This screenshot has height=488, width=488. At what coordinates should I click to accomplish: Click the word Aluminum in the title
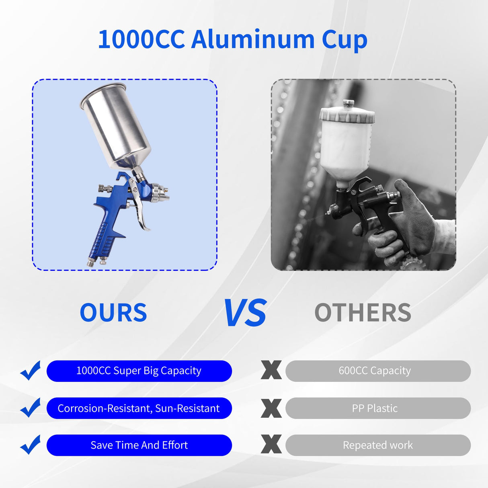(x=253, y=39)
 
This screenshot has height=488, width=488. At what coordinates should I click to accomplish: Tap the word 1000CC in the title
(x=141, y=39)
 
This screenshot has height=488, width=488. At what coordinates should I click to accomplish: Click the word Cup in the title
(x=344, y=40)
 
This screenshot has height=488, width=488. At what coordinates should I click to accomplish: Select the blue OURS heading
(x=113, y=313)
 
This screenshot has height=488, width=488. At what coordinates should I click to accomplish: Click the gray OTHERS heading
(x=363, y=313)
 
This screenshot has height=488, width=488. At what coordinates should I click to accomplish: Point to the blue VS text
(x=245, y=313)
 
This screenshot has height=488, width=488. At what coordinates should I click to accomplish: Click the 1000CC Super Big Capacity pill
(x=139, y=371)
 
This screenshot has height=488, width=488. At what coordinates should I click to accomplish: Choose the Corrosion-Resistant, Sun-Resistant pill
(x=139, y=408)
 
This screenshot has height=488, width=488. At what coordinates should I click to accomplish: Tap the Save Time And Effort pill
(x=139, y=445)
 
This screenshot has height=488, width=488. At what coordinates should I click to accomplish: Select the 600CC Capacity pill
(x=378, y=371)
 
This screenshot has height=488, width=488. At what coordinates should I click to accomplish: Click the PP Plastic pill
(x=378, y=408)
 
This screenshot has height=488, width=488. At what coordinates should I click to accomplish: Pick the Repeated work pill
(x=378, y=445)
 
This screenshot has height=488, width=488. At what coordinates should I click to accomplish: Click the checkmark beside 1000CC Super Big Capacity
(x=31, y=370)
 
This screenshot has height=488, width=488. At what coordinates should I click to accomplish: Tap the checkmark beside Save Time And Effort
(x=31, y=445)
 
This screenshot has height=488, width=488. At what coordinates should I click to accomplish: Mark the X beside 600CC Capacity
(x=271, y=370)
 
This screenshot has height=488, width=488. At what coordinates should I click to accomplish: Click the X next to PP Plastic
(x=271, y=408)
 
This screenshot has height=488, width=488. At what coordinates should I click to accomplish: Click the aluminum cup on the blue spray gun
(x=116, y=125)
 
